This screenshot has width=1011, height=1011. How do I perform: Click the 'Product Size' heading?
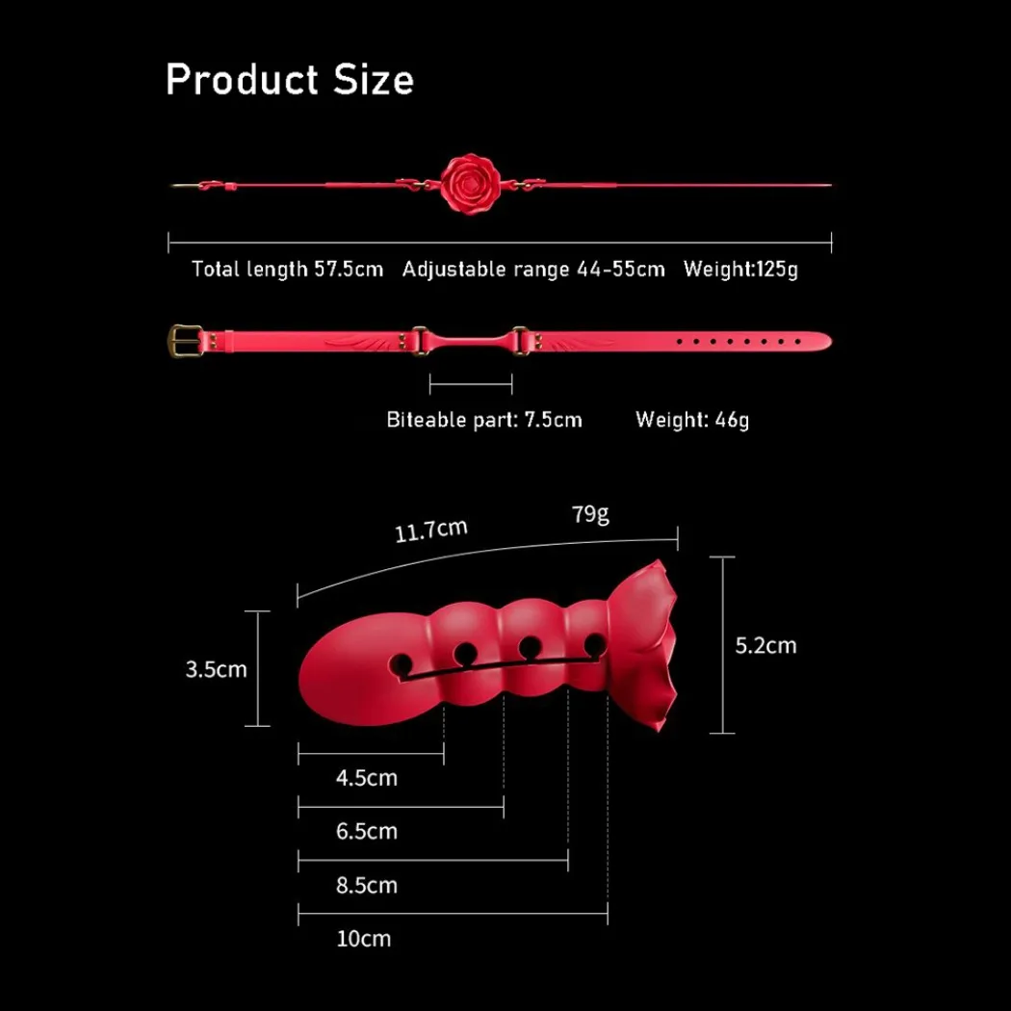[x=290, y=80]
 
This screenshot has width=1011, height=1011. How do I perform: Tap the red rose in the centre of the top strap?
[x=470, y=184]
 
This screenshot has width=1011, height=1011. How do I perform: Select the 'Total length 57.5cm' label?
[x=288, y=269]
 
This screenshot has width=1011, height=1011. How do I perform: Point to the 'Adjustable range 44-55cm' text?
[x=533, y=269]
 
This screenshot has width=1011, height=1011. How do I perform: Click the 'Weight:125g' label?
[x=740, y=269]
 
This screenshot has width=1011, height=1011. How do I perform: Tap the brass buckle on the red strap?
[x=185, y=341]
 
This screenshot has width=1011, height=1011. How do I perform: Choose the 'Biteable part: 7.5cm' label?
[x=484, y=420]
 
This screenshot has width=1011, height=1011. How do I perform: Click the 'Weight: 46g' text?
[x=692, y=420]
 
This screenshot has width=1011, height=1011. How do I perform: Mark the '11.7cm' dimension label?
[x=430, y=531]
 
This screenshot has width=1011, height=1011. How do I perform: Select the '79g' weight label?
[x=590, y=514]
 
